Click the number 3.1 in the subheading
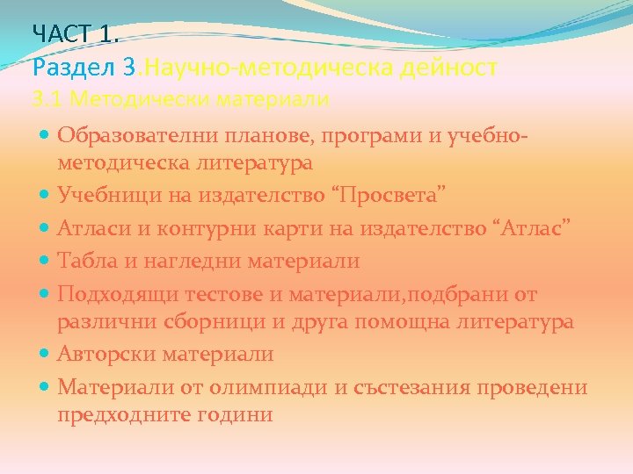pos(47,99)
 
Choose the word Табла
pos(84,261)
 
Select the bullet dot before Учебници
pos(46,192)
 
